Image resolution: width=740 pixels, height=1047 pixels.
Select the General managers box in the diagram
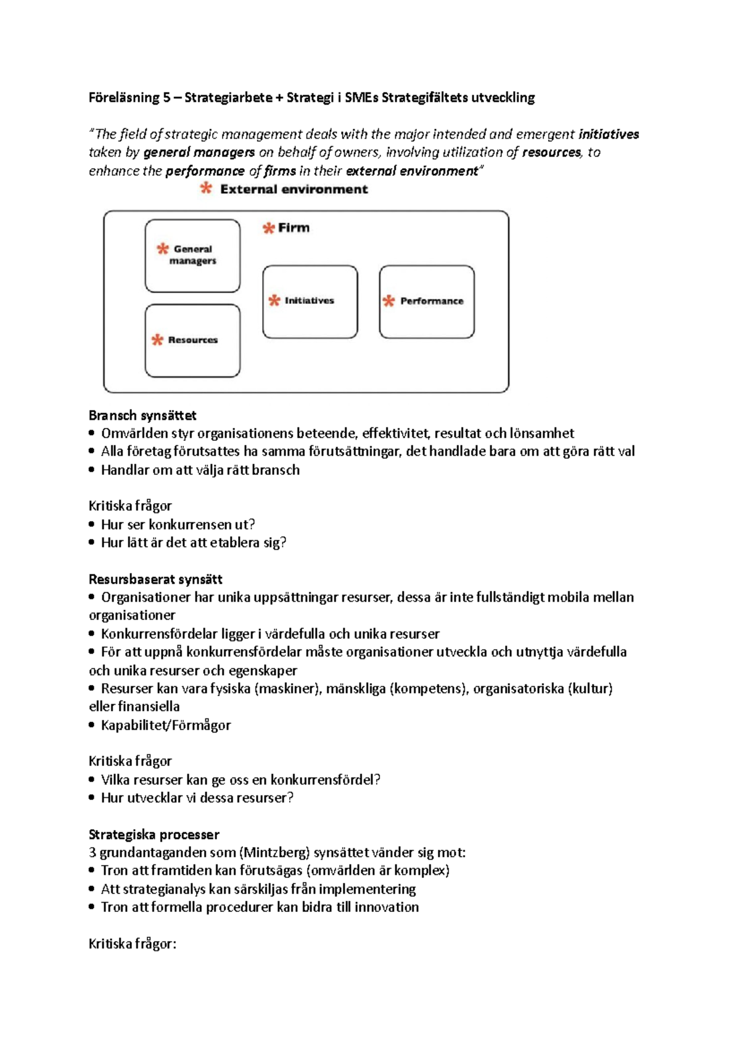click(192, 255)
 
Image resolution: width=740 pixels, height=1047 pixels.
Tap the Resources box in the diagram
click(192, 340)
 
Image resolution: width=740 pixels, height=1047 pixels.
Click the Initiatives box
click(310, 302)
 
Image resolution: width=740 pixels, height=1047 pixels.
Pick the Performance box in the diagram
click(427, 302)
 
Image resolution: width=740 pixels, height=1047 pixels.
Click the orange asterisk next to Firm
click(268, 228)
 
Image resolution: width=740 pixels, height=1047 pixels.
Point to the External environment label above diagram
click(294, 189)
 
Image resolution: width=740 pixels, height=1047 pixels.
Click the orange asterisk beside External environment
click(206, 189)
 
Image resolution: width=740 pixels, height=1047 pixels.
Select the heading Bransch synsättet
click(142, 415)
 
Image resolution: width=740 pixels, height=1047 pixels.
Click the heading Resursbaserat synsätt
click(155, 579)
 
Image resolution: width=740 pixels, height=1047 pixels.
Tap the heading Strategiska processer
click(154, 834)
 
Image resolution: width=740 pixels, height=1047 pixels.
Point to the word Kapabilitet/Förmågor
click(166, 725)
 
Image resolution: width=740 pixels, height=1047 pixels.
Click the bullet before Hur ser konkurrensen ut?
click(92, 525)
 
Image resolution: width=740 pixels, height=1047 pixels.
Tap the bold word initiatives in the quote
click(608, 134)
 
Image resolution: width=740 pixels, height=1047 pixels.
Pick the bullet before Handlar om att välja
click(92, 470)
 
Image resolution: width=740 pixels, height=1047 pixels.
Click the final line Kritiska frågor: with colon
click(133, 943)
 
